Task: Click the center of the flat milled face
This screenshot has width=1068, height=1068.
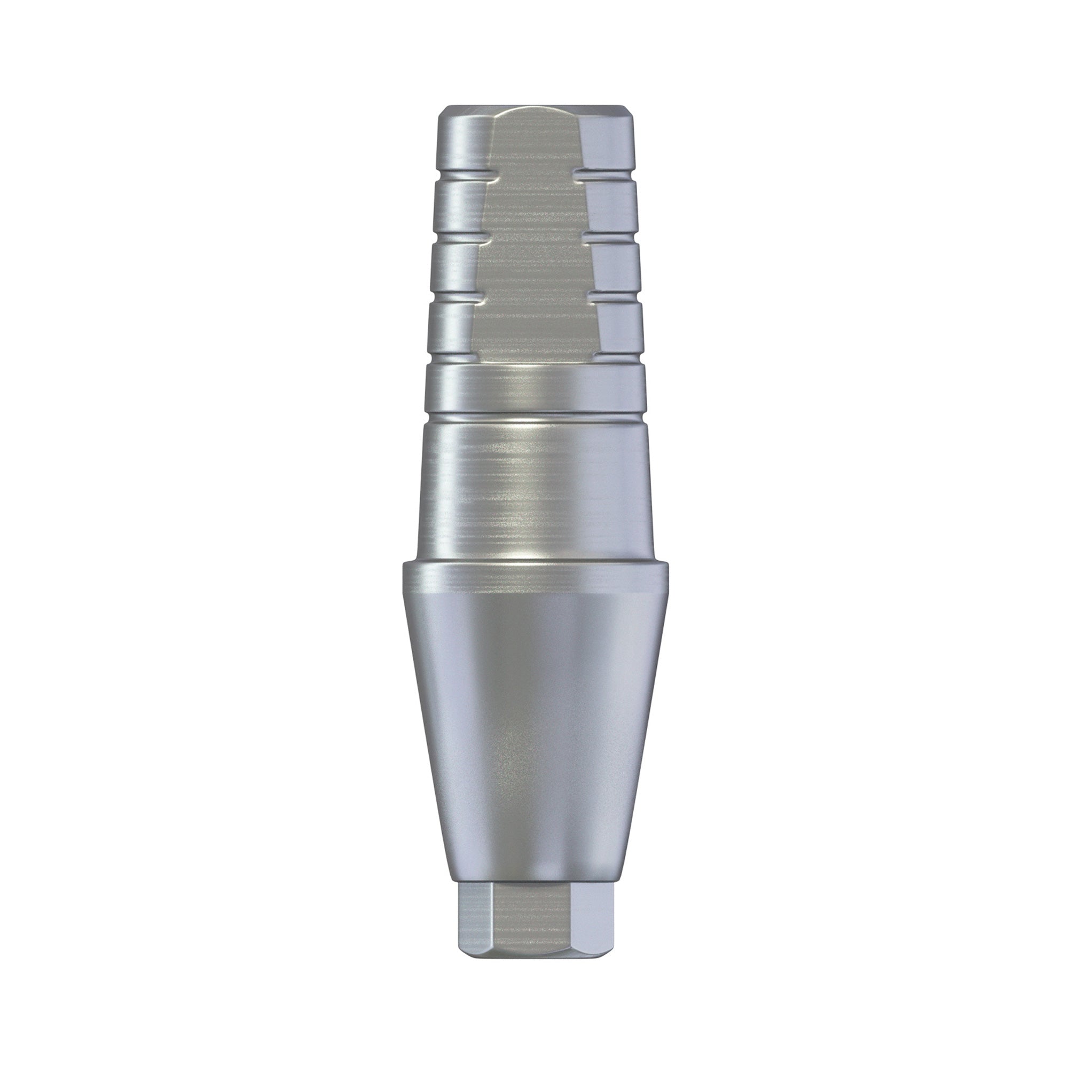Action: [534, 238]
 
